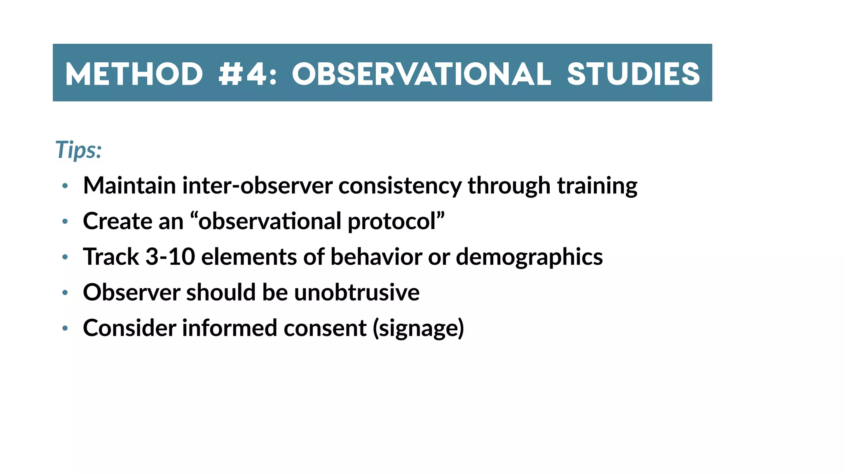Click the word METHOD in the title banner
[134, 74]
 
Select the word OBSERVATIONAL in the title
[421, 74]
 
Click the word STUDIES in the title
[633, 74]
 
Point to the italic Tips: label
[78, 150]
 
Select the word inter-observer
[257, 186]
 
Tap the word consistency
[400, 186]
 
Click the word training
[597, 186]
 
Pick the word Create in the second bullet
[117, 221]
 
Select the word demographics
[529, 257]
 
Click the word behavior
[376, 256]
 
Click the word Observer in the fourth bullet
[131, 292]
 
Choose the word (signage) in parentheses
[418, 329]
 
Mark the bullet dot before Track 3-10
[65, 257]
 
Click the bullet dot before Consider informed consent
[65, 329]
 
